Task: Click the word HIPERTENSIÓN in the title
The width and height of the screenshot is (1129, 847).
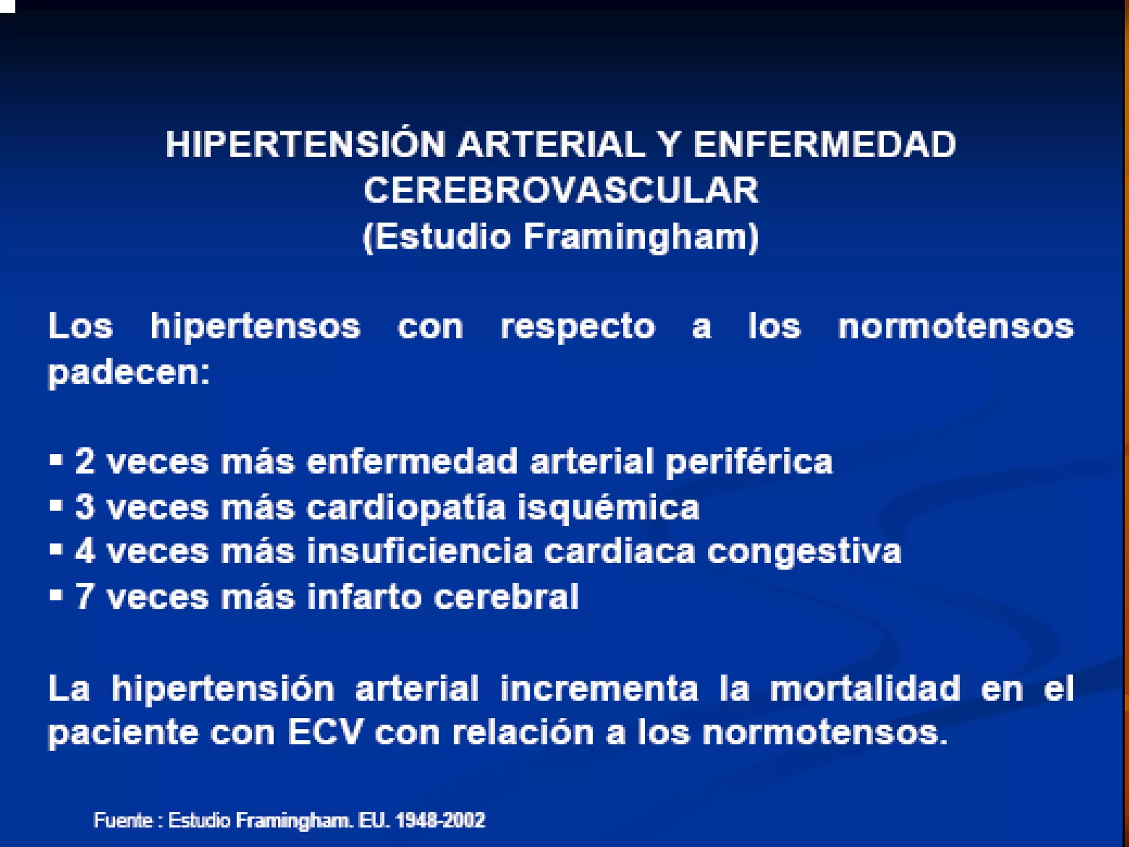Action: [305, 144]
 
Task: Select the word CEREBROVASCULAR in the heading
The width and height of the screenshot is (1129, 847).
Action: [561, 191]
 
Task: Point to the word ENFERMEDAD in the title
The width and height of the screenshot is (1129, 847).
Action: [824, 144]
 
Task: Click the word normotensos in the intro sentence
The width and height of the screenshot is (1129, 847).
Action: [955, 326]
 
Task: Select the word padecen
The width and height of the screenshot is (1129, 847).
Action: [128, 373]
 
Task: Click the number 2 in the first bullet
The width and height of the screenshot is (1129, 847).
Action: [84, 461]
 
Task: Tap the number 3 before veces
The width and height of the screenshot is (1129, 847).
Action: [84, 507]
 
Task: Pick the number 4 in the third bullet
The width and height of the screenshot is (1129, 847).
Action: [84, 551]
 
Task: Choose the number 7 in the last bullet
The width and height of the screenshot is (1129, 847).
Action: [84, 597]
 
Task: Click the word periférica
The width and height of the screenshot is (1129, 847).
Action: [749, 462]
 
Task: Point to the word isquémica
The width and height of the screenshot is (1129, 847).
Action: [608, 508]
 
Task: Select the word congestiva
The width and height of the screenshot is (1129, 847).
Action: [804, 552]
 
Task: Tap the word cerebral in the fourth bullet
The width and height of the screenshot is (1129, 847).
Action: [506, 597]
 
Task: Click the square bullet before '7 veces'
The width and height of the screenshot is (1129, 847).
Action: [56, 595]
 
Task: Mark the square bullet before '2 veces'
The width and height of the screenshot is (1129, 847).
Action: [56, 459]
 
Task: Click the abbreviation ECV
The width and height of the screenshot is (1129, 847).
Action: [326, 733]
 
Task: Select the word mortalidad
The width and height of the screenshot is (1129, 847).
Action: [865, 689]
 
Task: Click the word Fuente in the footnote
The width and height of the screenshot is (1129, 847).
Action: [123, 820]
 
